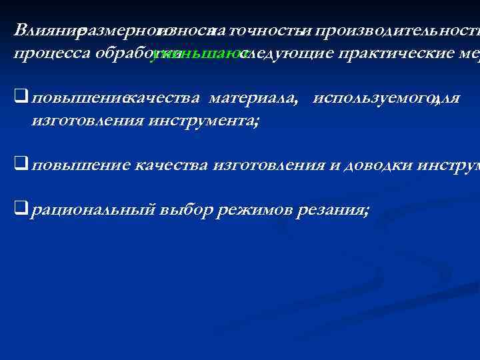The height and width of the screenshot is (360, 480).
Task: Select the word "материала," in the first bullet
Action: click(254, 99)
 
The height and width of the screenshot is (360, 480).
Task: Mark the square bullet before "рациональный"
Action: click(21, 210)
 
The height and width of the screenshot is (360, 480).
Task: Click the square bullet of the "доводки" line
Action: click(21, 165)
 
